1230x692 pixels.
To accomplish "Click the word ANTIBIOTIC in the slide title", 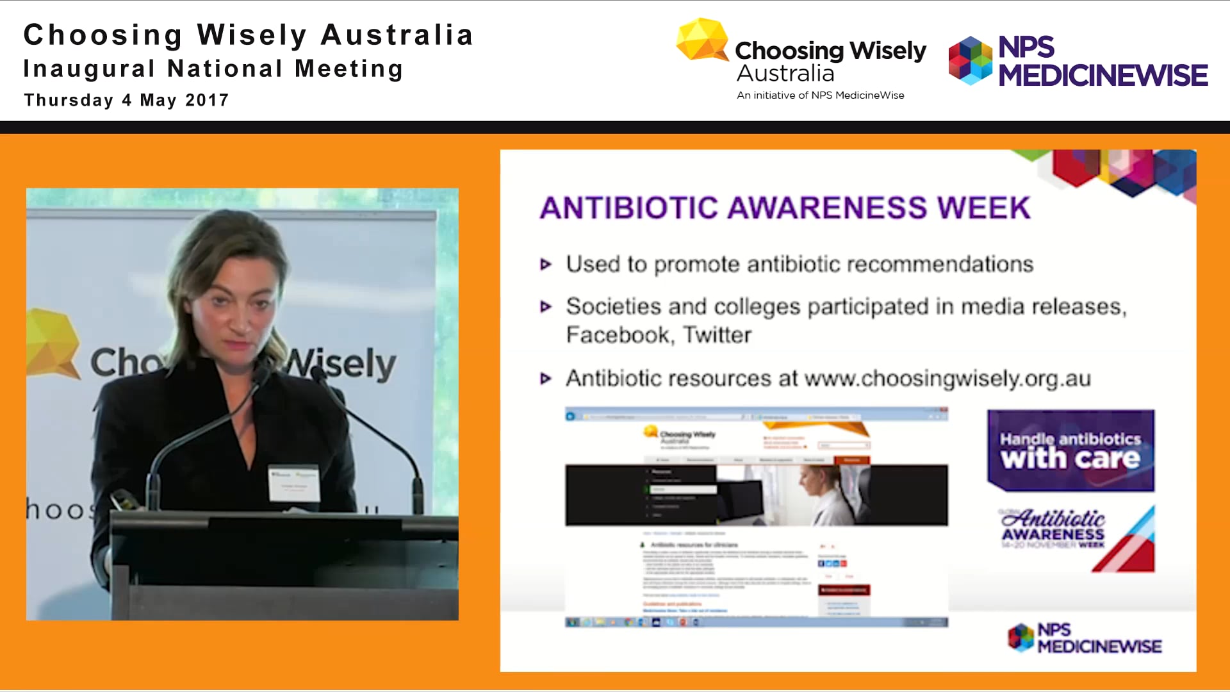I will (629, 208).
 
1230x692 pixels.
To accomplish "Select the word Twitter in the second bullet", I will (717, 335).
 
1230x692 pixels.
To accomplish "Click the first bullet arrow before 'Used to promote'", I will (546, 265).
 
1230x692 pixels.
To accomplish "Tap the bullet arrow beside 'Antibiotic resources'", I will (546, 379).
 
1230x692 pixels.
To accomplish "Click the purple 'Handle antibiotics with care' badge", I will (1070, 450).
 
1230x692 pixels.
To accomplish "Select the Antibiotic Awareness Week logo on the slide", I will (1077, 538).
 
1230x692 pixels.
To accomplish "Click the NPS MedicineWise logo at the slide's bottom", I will (1085, 638).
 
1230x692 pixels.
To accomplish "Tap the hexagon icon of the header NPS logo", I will (971, 61).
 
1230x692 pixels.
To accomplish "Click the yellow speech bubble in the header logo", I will (702, 40).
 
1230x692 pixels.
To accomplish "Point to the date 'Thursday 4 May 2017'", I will (126, 101).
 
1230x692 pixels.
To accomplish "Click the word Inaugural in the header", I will (90, 69).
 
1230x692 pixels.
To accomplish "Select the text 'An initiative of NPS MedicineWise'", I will (820, 95).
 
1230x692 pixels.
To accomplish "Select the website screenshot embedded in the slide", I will (756, 516).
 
